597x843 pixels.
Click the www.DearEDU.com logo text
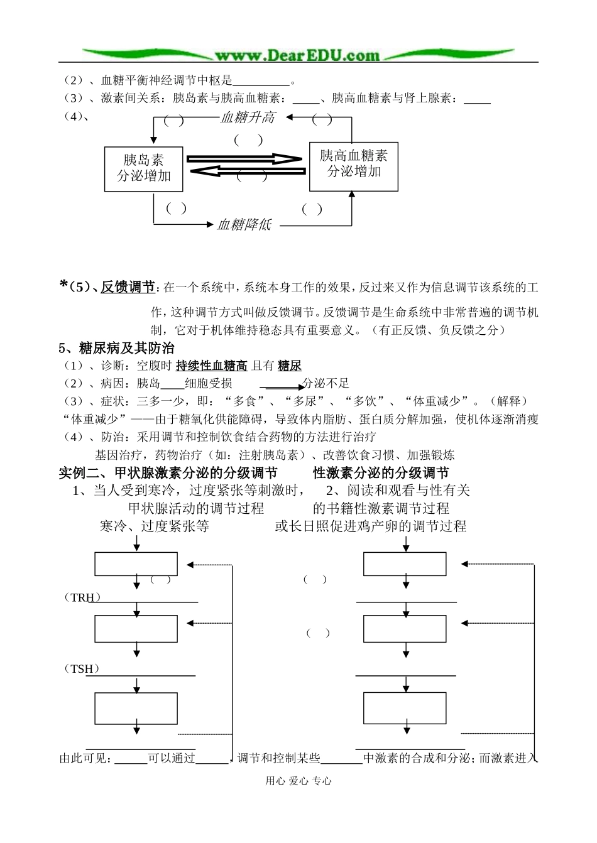[297, 55]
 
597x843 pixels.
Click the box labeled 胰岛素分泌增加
[144, 169]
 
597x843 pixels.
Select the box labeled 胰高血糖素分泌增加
[354, 166]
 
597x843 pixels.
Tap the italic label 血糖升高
[248, 117]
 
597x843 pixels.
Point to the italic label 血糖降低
[244, 224]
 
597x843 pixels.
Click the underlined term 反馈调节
[128, 288]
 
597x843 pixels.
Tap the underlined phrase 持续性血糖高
[211, 366]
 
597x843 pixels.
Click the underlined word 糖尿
[290, 366]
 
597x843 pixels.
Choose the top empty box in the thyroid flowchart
[136, 564]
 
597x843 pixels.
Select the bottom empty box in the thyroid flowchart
[136, 708]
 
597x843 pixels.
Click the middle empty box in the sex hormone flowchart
[405, 629]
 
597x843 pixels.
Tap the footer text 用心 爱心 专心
[298, 781]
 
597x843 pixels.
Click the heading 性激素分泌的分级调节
[381, 473]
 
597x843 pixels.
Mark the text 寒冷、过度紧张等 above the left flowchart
[155, 526]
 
